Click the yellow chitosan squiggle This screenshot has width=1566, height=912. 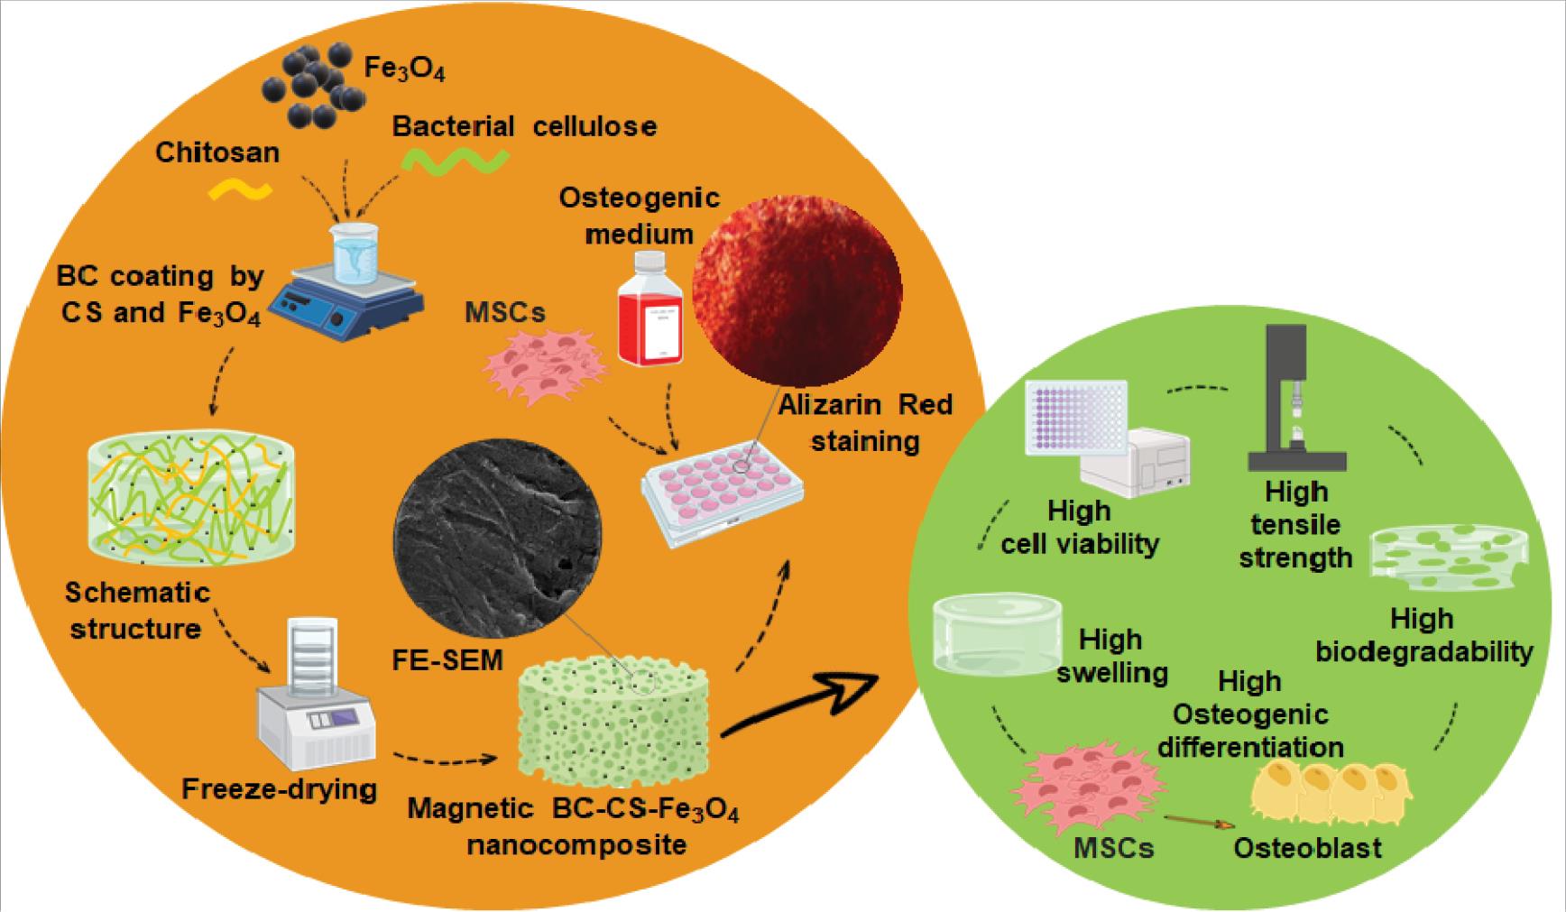pyautogui.click(x=241, y=189)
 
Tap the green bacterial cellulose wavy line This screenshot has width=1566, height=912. pyautogui.click(x=455, y=161)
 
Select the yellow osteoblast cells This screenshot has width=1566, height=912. pyautogui.click(x=1331, y=795)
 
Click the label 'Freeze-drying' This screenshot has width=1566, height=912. pyautogui.click(x=280, y=789)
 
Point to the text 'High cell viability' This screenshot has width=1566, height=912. pyautogui.click(x=1080, y=528)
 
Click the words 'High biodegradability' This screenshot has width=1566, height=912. pyautogui.click(x=1423, y=635)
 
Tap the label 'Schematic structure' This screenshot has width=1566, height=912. pyautogui.click(x=136, y=611)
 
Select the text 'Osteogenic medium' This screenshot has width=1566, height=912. pyautogui.click(x=640, y=216)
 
